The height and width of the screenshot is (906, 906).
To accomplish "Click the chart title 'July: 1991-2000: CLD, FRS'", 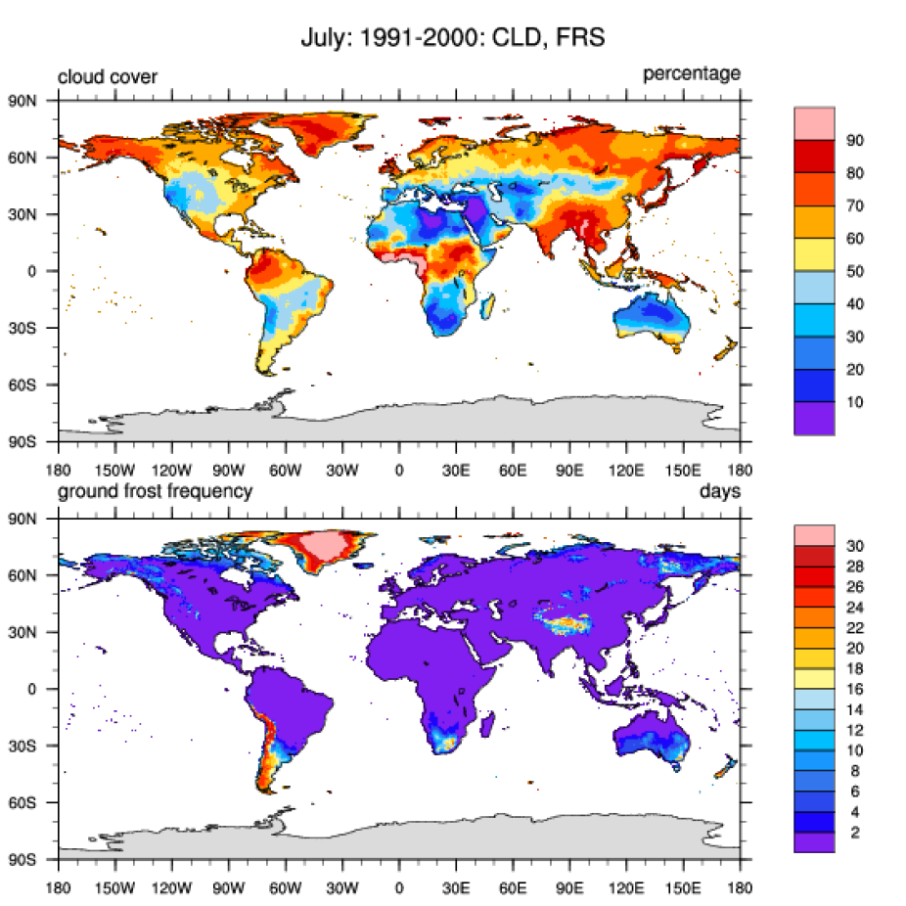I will point(453,40).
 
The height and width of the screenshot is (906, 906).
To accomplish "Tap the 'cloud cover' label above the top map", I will point(108,77).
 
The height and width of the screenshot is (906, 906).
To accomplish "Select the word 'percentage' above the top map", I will point(691,74).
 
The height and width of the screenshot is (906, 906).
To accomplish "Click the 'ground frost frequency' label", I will point(155,491).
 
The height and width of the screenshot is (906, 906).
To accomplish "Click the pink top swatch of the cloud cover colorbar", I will point(814,124).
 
